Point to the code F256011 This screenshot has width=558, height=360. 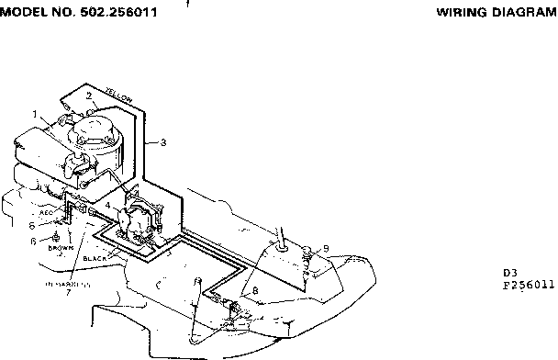530,285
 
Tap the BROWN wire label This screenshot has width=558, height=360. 61,247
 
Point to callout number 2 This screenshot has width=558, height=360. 88,95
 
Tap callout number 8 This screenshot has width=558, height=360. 254,290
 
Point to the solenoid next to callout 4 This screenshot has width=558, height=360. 139,219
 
